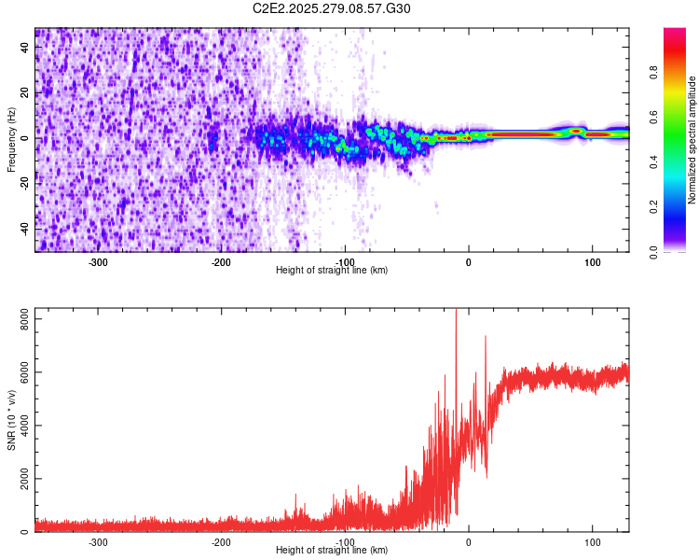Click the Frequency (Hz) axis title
tap(11, 140)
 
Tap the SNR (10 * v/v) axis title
tap(11, 422)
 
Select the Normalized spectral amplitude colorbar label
tap(692, 140)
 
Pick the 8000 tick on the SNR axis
tap(19, 320)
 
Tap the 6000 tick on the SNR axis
tap(19, 373)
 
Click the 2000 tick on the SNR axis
tap(19, 479)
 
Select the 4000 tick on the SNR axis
tap(19, 427)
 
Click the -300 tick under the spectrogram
tap(98, 261)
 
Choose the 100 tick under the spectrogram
tap(592, 261)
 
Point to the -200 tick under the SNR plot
tap(221, 541)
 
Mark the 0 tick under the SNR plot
tap(469, 541)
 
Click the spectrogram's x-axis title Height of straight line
tap(332, 270)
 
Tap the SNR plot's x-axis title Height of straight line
tap(332, 550)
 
